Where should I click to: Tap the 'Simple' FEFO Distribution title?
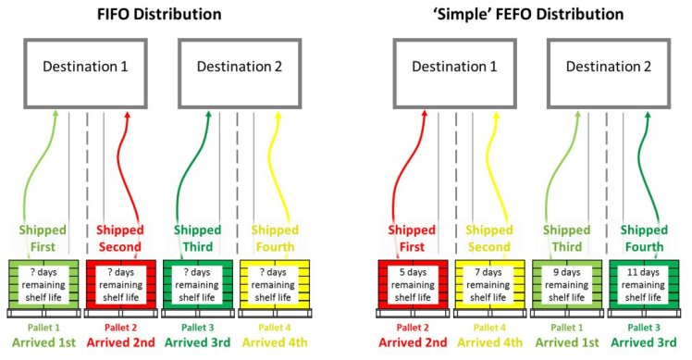pyautogui.click(x=521, y=15)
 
